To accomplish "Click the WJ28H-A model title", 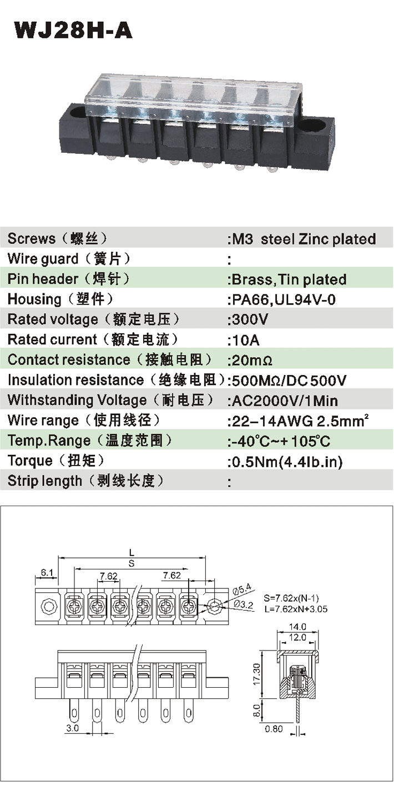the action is click(x=73, y=31).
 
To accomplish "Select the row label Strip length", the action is click(x=44, y=481).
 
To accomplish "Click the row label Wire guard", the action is click(x=43, y=259).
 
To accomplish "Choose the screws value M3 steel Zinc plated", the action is click(x=304, y=239).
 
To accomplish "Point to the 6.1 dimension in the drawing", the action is click(x=47, y=572).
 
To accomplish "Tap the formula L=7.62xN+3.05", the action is click(x=296, y=609).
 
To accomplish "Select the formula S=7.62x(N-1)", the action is click(x=291, y=598).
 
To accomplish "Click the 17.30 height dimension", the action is click(x=257, y=673).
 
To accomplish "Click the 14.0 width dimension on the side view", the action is click(x=297, y=626).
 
